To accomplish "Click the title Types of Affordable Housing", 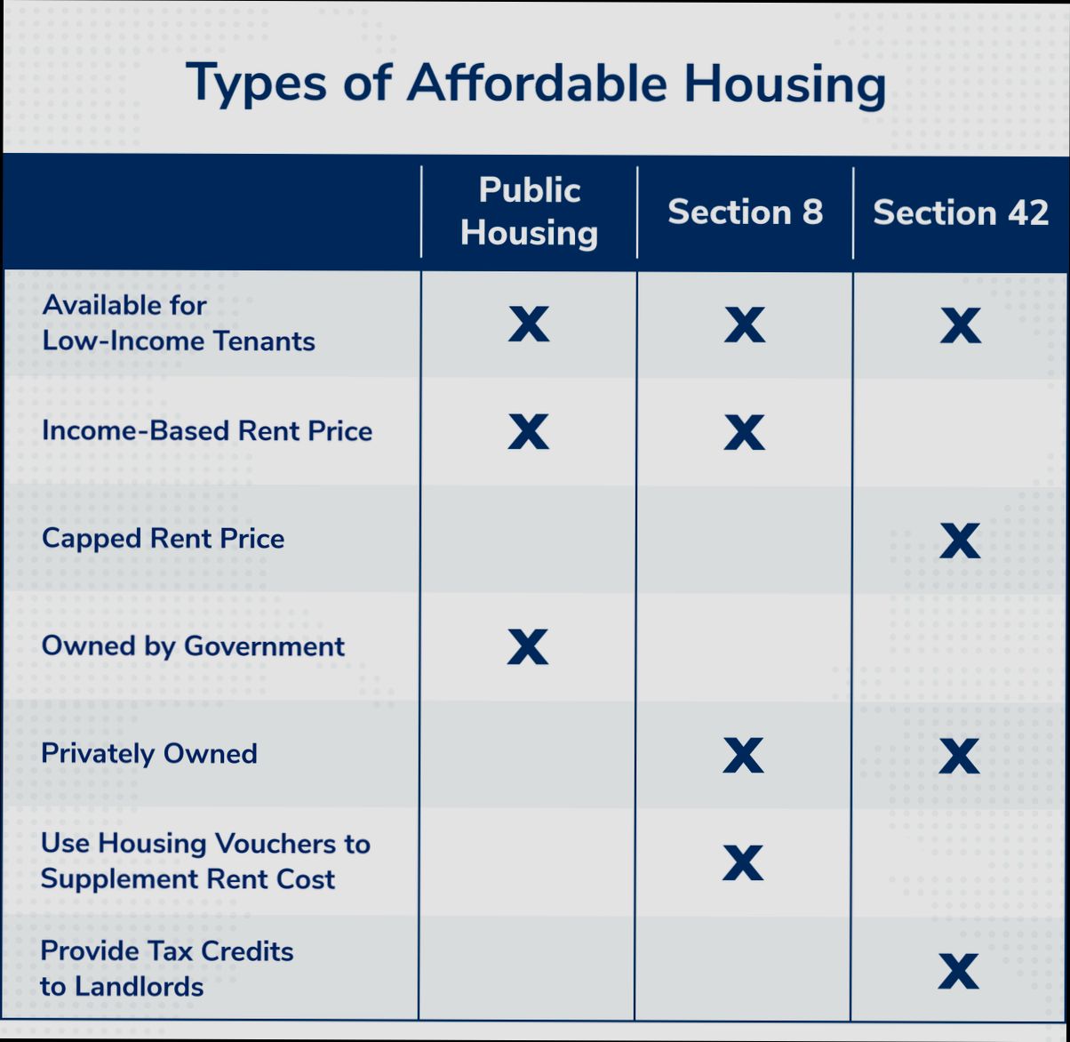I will (535, 84).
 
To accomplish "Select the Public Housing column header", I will (529, 212).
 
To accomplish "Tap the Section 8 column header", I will (745, 212).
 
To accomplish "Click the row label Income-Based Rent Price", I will (207, 431).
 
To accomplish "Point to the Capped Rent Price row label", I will (164, 539).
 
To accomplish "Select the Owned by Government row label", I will (193, 646).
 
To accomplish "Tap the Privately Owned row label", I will (149, 754).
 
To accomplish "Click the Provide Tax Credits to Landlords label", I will (167, 968).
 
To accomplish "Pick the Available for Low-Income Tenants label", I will (178, 324).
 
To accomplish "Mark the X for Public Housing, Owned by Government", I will (528, 647).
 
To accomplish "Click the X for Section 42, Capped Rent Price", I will (960, 541).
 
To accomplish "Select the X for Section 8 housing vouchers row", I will (743, 862).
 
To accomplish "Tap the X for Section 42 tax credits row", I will (958, 971).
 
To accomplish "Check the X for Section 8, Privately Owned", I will (743, 756).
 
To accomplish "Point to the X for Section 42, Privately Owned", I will (959, 756).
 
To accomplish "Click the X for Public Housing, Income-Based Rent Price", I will (528, 432).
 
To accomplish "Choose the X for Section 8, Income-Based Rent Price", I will (744, 433).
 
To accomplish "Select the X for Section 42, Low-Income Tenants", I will (961, 325).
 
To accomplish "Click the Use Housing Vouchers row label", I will (205, 861).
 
